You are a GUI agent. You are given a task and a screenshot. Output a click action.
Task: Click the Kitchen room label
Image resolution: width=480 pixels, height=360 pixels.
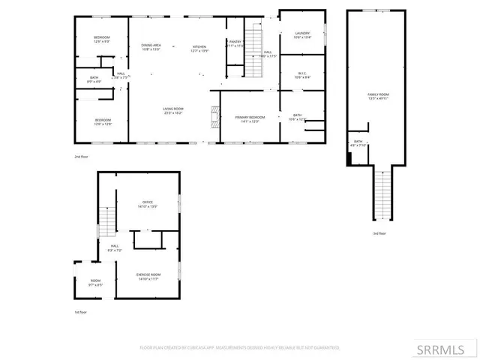pos(199,47)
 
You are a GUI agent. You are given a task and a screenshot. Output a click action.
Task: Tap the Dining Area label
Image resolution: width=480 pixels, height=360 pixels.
pos(152,47)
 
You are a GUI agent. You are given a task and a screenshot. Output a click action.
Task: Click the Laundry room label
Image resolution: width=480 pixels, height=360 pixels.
pos(302,34)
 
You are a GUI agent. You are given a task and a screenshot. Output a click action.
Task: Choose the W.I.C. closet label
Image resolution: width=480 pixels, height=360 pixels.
pos(302,74)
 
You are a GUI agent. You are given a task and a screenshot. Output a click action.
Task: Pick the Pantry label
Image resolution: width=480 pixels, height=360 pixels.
pos(235,43)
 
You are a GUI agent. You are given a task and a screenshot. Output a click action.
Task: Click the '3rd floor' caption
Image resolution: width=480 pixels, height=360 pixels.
pos(379,233)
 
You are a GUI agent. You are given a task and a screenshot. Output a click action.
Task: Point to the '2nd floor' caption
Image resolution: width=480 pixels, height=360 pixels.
pos(80,156)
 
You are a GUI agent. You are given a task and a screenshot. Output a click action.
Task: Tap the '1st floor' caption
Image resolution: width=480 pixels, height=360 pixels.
pos(80,312)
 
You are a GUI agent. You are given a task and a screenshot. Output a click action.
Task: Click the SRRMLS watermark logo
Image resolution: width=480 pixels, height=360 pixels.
pos(453,349)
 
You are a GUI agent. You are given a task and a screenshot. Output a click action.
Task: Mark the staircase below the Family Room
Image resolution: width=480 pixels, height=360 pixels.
pos(382,195)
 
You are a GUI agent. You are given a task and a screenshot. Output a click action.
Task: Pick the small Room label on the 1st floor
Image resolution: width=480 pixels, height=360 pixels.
pos(95,282)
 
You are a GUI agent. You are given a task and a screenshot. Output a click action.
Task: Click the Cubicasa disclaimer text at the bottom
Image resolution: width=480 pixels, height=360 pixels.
pos(240,348)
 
